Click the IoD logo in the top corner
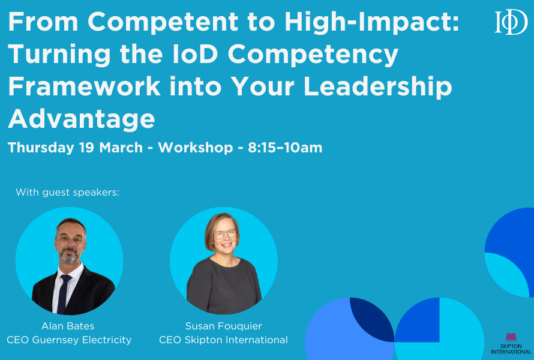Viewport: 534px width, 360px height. point(511,22)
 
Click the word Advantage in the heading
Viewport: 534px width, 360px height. point(82,118)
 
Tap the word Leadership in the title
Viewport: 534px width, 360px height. point(377,86)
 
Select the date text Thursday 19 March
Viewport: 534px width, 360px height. point(75,148)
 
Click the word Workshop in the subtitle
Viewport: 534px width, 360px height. point(195,148)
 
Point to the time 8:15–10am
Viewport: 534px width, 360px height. point(285,148)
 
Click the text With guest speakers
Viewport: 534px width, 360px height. point(68,193)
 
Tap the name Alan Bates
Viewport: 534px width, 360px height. point(68,326)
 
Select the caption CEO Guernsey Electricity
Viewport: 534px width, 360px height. point(69,340)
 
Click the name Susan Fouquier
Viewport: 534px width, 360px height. point(223,326)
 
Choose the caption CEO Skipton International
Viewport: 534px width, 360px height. point(223,340)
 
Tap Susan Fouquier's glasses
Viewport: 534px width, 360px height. point(224,234)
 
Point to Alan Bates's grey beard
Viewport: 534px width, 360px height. point(70,257)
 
